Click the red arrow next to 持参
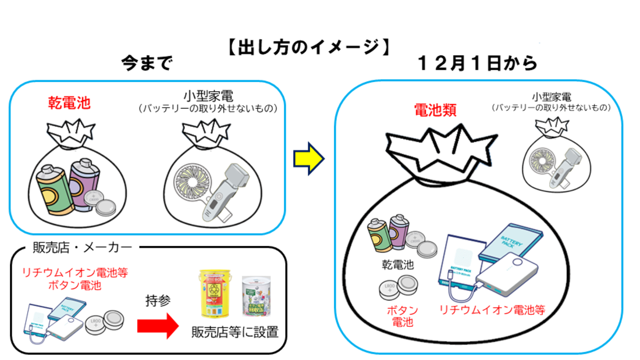tap(157, 326)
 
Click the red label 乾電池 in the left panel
tap(69, 104)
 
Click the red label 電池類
tap(435, 110)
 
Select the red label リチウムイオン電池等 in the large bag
tap(492, 309)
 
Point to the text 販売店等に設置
tap(235, 332)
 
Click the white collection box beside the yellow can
tap(257, 300)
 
